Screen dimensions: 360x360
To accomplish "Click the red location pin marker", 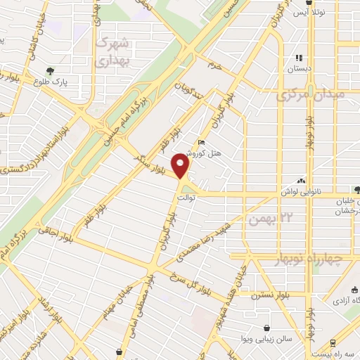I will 182,166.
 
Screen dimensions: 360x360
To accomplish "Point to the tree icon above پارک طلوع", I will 51,70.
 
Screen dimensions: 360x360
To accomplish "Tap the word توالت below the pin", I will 184,199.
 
